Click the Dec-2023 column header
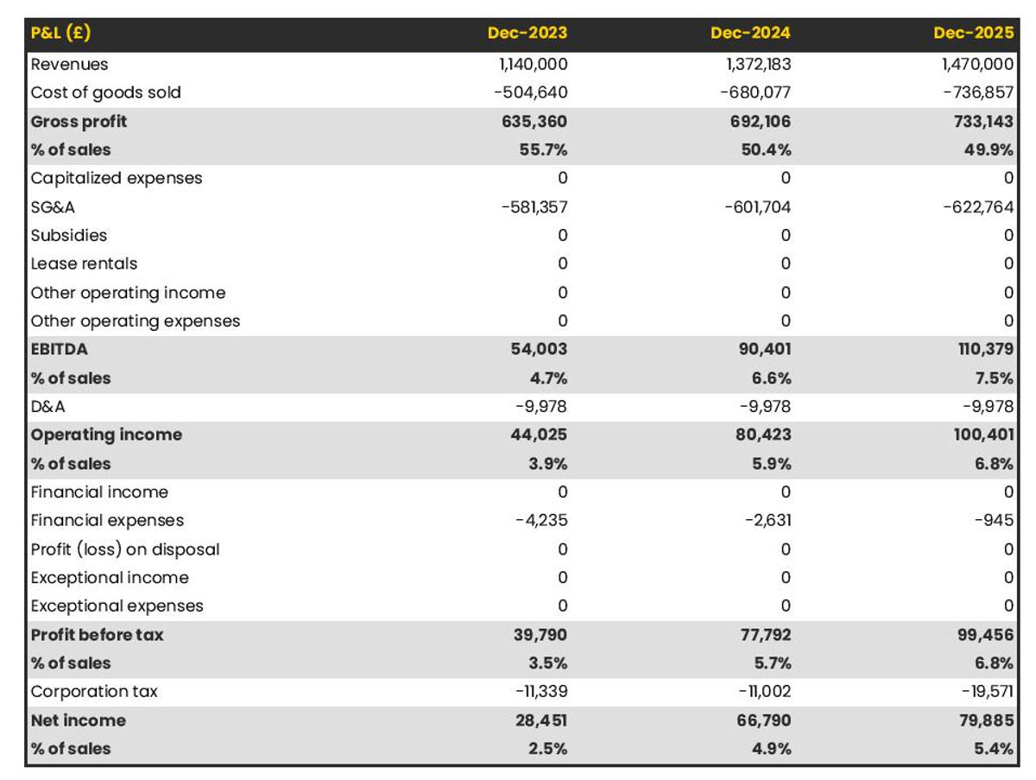[x=527, y=34]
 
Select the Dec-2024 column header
[x=750, y=34]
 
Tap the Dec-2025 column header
[x=973, y=34]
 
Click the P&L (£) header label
[x=60, y=34]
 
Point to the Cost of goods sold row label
[x=105, y=92]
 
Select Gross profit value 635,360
[x=534, y=121]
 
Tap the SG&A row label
[x=52, y=206]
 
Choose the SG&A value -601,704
[x=756, y=206]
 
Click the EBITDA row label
[x=59, y=349]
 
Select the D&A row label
[x=47, y=406]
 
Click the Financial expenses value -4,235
[x=540, y=520]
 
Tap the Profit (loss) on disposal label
[x=125, y=549]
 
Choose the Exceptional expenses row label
[x=117, y=606]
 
